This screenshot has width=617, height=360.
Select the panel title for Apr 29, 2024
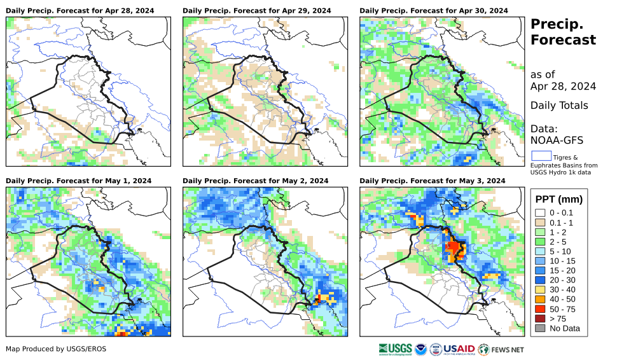(257, 11)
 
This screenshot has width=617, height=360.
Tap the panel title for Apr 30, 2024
(434, 11)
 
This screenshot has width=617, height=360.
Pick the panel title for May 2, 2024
(256, 181)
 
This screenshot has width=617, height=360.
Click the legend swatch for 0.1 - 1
(540, 223)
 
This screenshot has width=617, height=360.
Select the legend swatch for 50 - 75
(540, 308)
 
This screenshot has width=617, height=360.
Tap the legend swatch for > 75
(540, 318)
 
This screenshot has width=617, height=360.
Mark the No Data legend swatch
(540, 329)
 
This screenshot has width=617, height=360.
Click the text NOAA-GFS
(557, 140)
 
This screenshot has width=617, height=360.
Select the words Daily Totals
(560, 106)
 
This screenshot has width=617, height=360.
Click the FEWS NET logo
(502, 349)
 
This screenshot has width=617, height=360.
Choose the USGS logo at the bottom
(394, 349)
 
